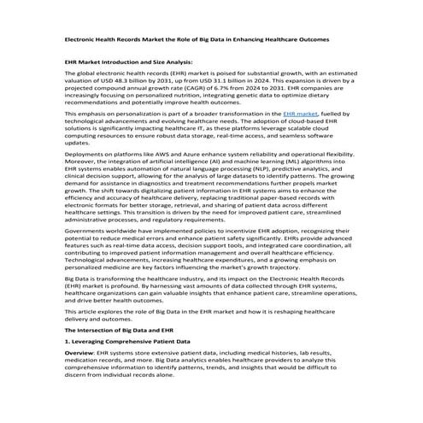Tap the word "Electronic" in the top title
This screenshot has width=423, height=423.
pos(82,39)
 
